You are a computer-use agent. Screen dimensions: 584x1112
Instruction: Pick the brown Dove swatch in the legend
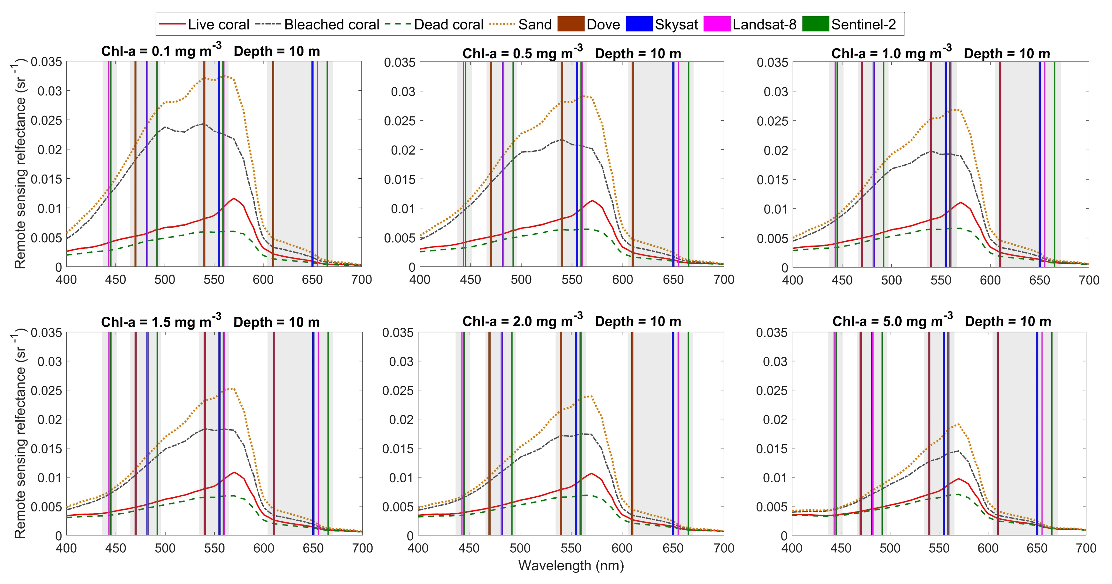click(x=571, y=24)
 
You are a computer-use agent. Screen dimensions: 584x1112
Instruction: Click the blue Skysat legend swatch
click(x=639, y=24)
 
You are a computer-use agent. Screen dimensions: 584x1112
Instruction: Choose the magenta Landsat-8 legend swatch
click(x=717, y=24)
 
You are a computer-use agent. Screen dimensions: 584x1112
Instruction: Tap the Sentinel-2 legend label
click(x=863, y=25)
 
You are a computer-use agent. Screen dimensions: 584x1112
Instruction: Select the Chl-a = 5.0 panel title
click(x=942, y=321)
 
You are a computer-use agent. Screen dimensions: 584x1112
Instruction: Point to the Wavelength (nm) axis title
click(x=571, y=565)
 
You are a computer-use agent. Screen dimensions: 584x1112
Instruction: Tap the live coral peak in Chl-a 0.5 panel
click(x=592, y=201)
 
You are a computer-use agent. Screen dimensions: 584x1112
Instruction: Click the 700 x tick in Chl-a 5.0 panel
click(x=1086, y=549)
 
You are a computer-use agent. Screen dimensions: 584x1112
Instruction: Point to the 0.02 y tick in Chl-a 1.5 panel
click(x=50, y=420)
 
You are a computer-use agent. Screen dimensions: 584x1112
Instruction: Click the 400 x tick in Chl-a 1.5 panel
click(x=66, y=549)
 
